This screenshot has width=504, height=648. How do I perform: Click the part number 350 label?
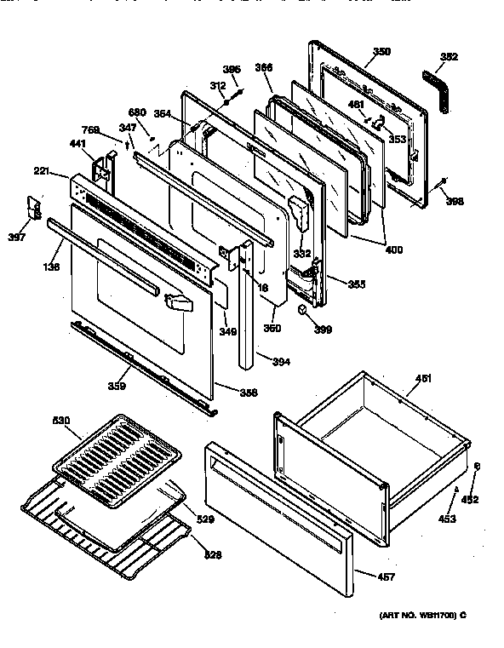(x=381, y=52)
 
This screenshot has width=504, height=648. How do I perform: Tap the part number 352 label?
(x=449, y=59)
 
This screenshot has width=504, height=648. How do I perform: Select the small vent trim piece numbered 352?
(x=438, y=89)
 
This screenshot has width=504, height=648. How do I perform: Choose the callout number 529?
(x=205, y=518)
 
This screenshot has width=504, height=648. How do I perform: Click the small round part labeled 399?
(x=303, y=313)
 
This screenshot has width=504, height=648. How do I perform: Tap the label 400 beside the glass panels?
(x=393, y=250)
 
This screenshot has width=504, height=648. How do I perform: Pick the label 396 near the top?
(x=232, y=69)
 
